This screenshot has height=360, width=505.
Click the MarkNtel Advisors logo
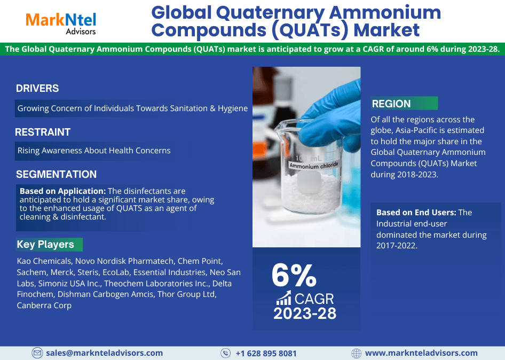point(61,24)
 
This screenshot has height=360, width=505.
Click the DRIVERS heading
point(37,88)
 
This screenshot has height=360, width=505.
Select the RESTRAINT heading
point(43,132)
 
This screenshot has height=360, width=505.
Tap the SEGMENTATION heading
point(57,174)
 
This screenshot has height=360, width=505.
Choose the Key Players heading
point(45,244)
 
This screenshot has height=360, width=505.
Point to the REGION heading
point(391,104)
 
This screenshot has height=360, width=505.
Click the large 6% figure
point(294,275)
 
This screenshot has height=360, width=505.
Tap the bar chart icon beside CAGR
point(284,298)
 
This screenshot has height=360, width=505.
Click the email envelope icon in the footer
point(37,353)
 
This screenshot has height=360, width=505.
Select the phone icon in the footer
point(225,353)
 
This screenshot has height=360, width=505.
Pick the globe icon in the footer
point(356,353)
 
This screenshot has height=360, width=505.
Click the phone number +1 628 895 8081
point(266,354)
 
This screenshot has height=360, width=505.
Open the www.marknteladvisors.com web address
point(421,353)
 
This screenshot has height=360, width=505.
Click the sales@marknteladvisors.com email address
point(104,353)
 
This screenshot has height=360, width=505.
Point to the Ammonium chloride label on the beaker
point(313,166)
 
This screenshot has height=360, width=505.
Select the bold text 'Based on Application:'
point(63,191)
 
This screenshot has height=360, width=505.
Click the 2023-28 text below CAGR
point(305,314)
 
